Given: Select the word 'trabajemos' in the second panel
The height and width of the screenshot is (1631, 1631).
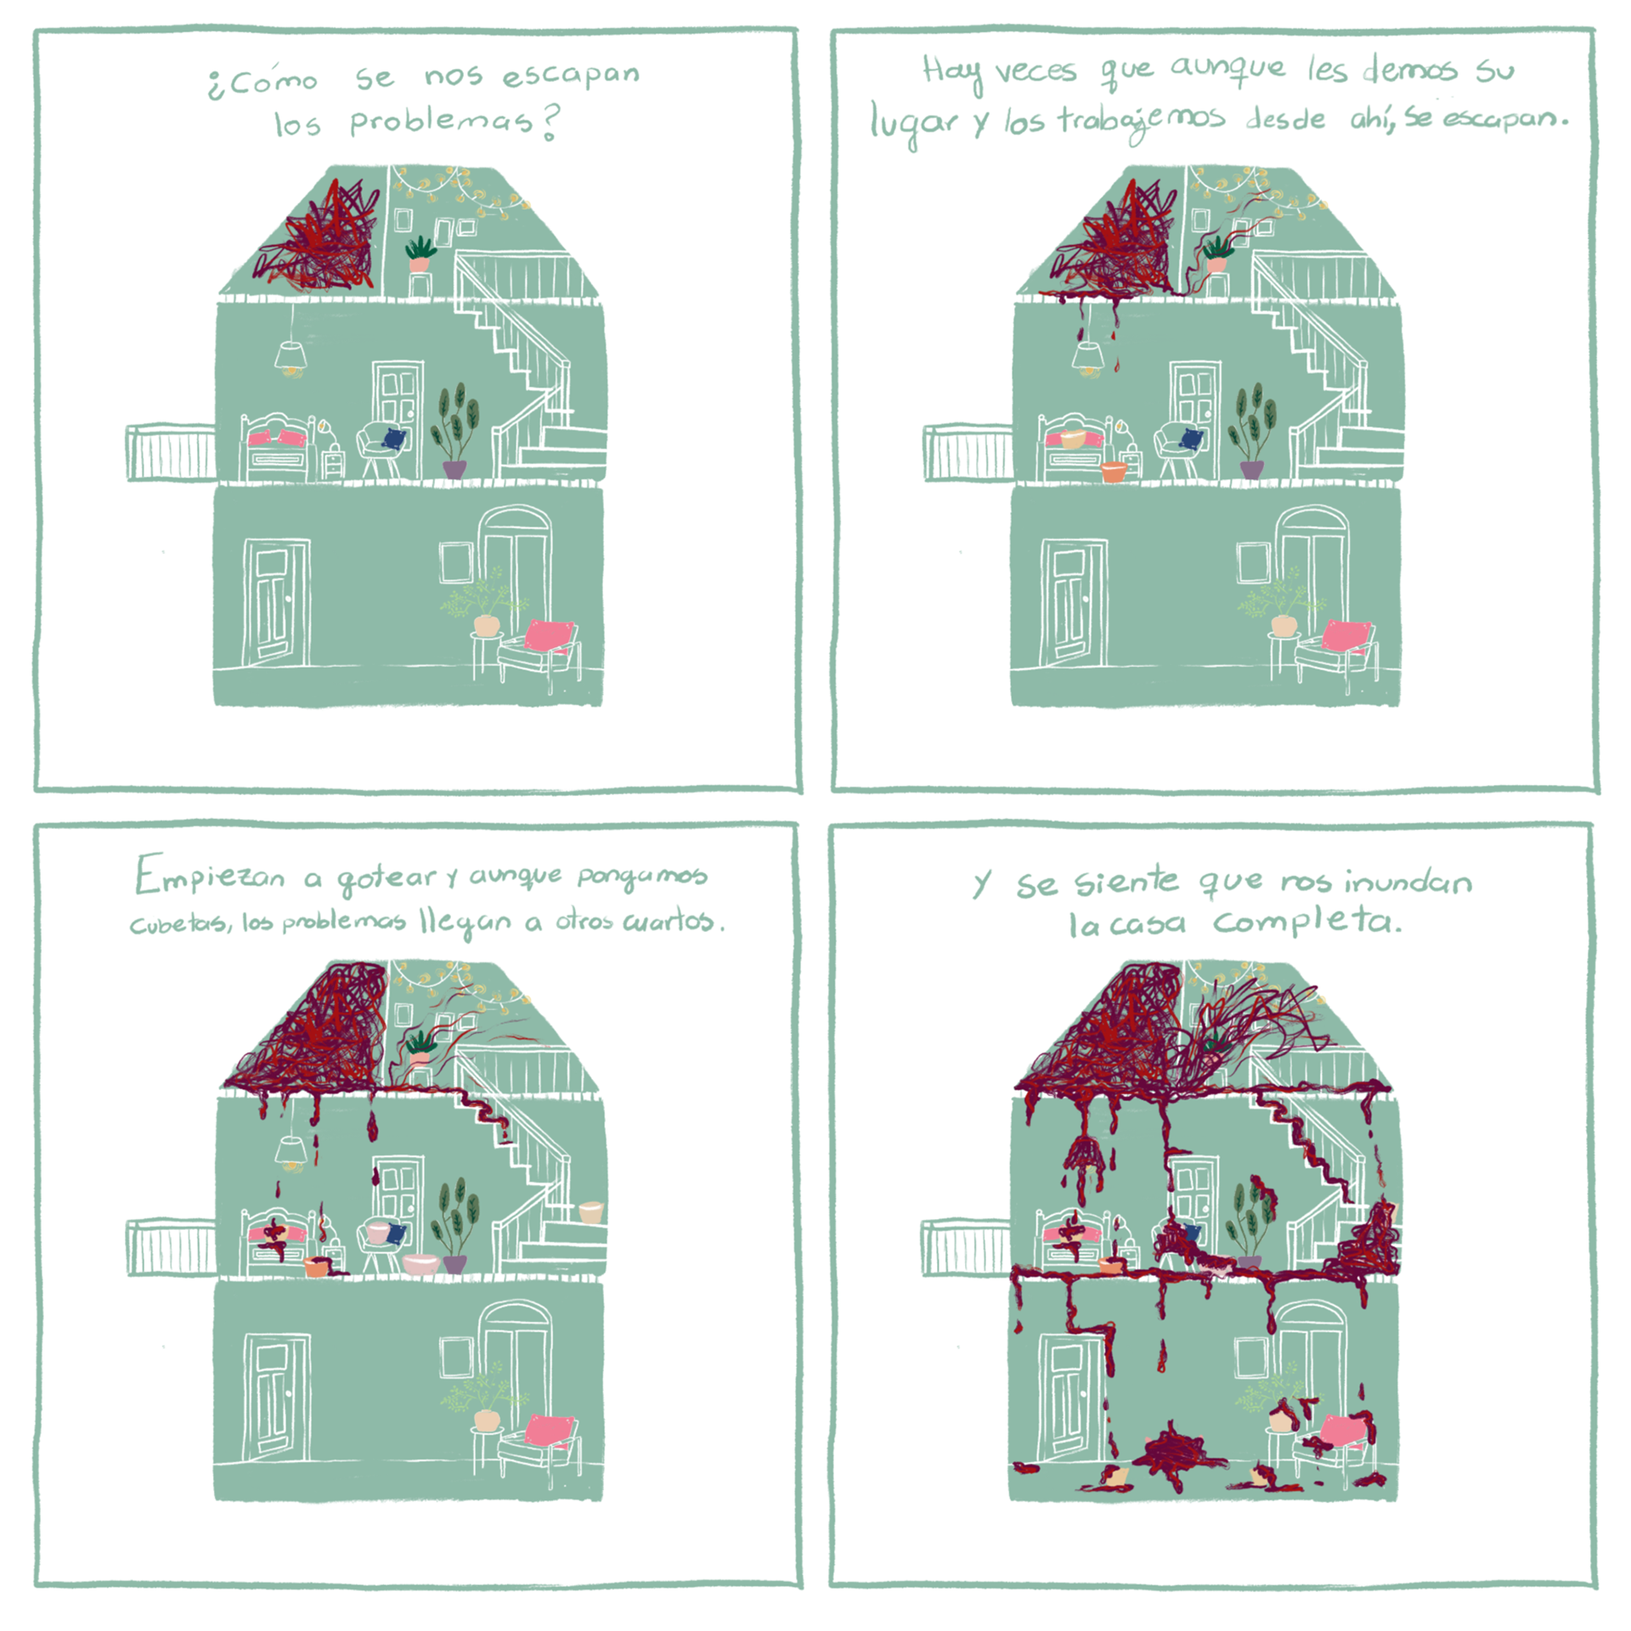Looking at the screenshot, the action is (x=1141, y=122).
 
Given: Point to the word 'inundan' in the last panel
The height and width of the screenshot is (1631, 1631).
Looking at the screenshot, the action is (x=1408, y=882).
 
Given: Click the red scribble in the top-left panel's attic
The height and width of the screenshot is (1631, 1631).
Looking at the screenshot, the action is (x=319, y=236).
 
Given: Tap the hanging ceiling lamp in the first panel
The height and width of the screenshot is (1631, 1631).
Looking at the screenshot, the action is (x=291, y=357).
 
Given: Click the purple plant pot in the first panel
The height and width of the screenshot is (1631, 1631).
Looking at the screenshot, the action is (x=454, y=469).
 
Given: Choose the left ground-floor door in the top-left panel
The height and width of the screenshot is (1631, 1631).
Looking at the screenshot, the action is (x=276, y=601).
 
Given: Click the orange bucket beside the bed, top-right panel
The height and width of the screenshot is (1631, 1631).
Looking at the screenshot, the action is (x=1113, y=471).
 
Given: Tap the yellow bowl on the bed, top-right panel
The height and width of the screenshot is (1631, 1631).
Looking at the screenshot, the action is (x=1074, y=438).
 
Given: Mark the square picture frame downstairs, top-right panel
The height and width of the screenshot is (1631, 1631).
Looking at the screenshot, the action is (x=1253, y=562).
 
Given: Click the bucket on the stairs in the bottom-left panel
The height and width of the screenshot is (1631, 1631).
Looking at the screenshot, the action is (x=590, y=1211).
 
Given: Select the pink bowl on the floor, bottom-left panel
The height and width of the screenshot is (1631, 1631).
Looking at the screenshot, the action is (x=420, y=1264).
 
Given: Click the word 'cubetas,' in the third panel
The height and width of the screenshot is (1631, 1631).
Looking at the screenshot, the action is (x=178, y=923).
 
